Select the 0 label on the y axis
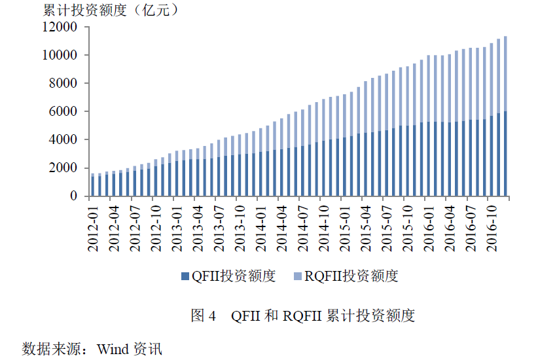(73, 196)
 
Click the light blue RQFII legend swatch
(298, 276)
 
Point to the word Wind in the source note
(112, 348)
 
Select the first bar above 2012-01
(93, 185)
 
